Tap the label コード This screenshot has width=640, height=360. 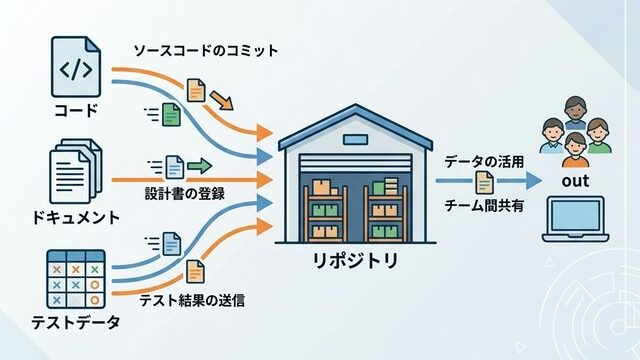tap(76, 111)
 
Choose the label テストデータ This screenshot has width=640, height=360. tap(76, 323)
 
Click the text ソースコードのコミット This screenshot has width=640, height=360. tap(205, 50)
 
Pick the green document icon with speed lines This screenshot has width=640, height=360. tap(170, 115)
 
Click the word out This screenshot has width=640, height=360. tap(575, 181)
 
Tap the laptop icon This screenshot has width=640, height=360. tap(575, 222)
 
